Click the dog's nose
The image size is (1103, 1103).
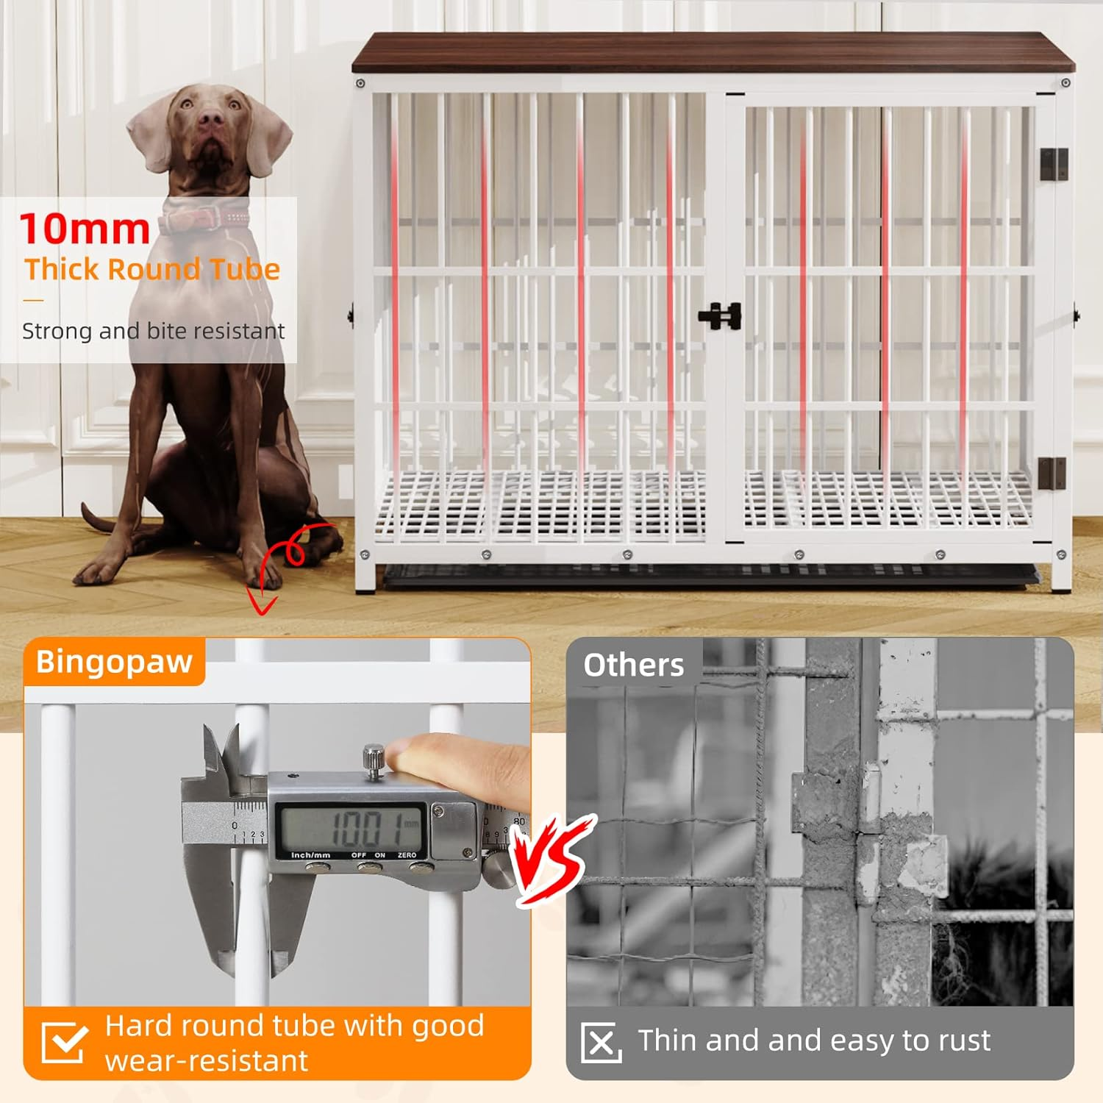211,117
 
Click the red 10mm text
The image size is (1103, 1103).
85,229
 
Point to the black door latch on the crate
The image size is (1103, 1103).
721,316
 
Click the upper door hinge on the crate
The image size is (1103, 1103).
1053,164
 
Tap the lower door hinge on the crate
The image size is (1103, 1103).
1052,473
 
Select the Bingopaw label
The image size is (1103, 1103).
114,662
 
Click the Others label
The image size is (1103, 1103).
633,665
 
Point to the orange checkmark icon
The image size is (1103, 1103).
64,1042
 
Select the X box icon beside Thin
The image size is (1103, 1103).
601,1042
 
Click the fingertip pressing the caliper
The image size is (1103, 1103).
412,754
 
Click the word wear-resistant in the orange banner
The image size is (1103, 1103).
207,1061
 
